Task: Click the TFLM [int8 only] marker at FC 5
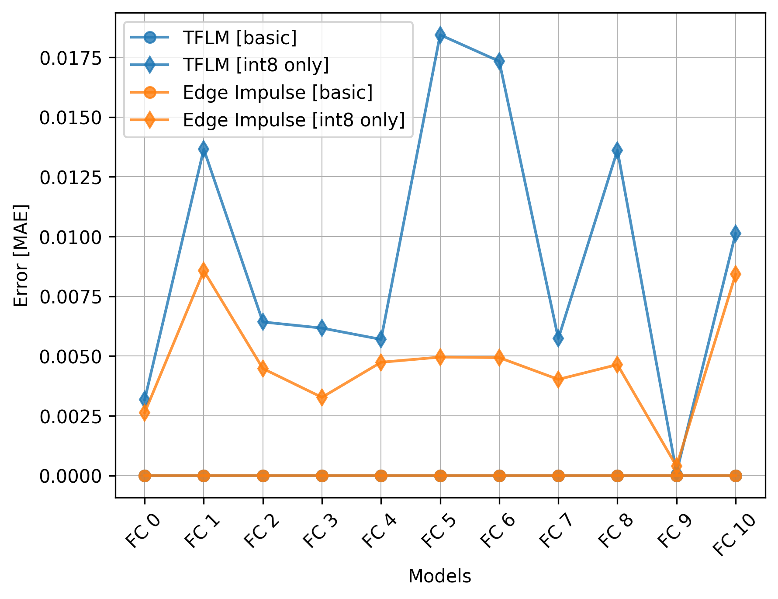[x=440, y=35]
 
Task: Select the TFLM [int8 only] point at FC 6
[x=499, y=61]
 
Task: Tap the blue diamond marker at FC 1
[x=204, y=149]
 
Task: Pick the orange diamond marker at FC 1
[x=204, y=271]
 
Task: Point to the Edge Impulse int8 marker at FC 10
[x=736, y=274]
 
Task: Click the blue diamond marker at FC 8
[x=617, y=151]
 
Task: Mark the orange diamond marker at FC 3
[x=322, y=397]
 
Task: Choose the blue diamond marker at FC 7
[x=558, y=338]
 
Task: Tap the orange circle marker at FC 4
[x=381, y=475]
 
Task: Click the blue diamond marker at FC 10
[x=736, y=233]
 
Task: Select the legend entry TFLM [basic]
[x=239, y=38]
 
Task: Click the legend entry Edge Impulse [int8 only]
[x=294, y=120]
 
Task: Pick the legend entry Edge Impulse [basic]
[x=277, y=92]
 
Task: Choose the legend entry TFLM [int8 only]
[x=256, y=65]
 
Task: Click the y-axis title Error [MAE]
[x=21, y=255]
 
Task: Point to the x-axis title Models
[x=439, y=576]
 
